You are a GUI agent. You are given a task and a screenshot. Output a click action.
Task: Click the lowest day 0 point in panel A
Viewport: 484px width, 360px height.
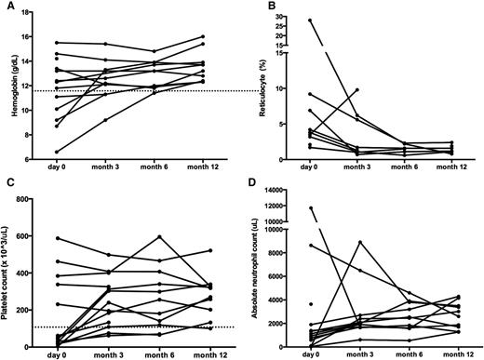click(x=58, y=152)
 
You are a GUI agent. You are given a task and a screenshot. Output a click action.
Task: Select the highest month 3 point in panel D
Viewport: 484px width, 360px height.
click(x=359, y=242)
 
